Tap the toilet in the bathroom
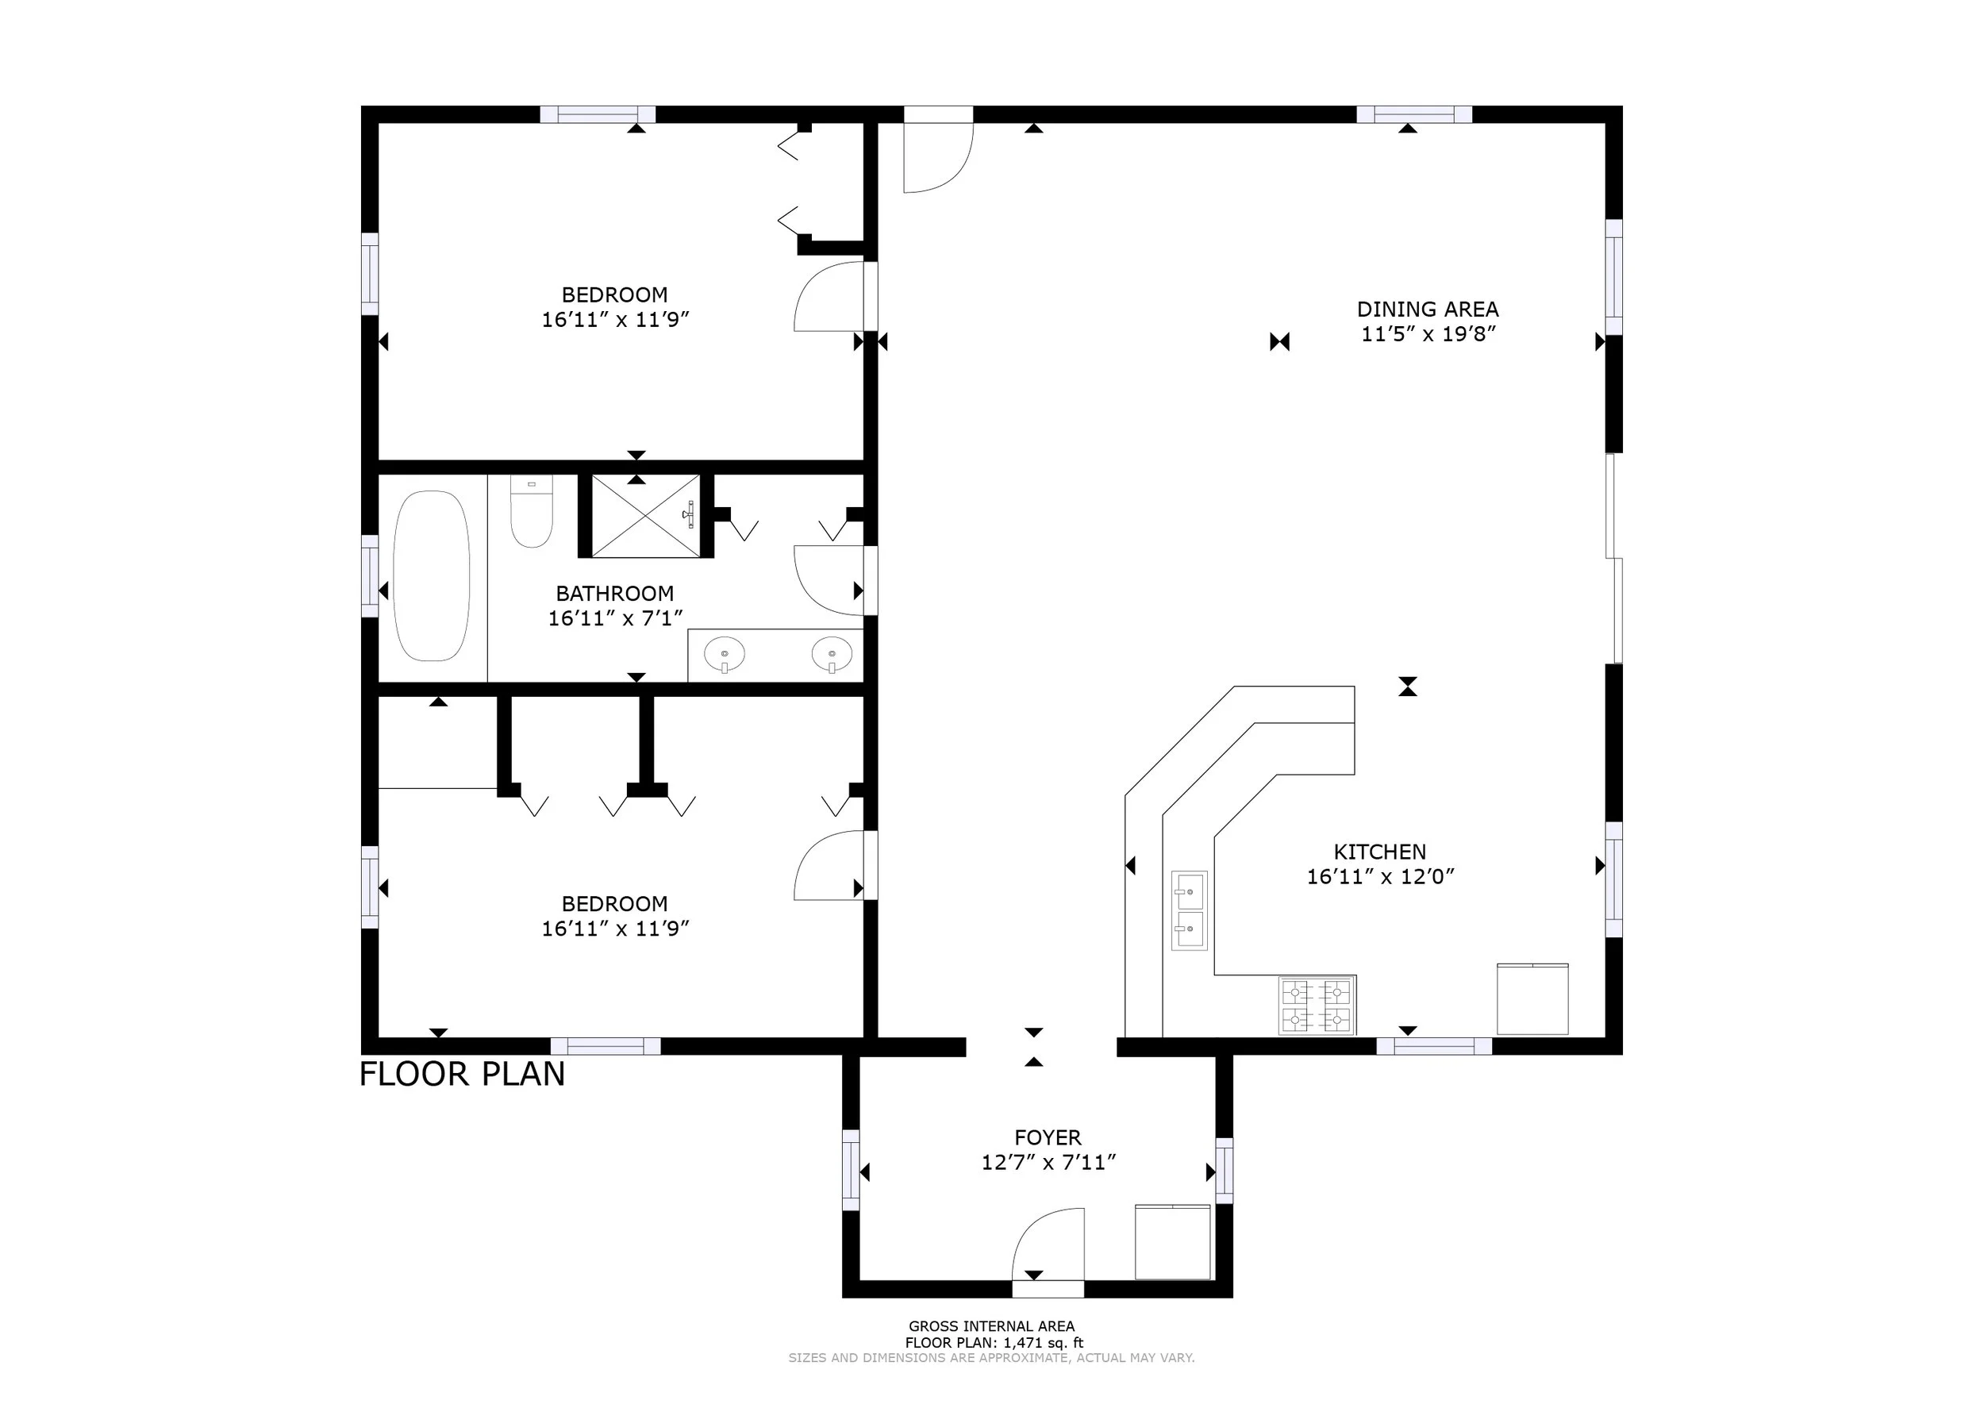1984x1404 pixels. [x=532, y=511]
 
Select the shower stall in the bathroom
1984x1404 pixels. [x=645, y=516]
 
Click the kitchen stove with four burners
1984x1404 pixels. [x=1317, y=1006]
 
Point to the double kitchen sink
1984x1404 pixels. [x=1190, y=910]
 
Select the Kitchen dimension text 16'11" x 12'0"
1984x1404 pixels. [x=1380, y=877]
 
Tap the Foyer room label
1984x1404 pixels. [x=1048, y=1138]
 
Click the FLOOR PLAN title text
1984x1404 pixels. [x=463, y=1075]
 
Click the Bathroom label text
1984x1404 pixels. [x=615, y=594]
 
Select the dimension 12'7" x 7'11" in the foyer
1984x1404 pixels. [x=1048, y=1163]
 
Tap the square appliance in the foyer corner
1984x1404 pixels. [x=1172, y=1241]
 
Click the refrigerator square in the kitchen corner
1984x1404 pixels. [x=1532, y=998]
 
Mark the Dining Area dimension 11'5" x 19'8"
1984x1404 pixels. [x=1428, y=335]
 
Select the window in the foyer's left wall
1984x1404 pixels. [x=852, y=1171]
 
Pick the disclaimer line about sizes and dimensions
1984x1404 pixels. [x=991, y=1357]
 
